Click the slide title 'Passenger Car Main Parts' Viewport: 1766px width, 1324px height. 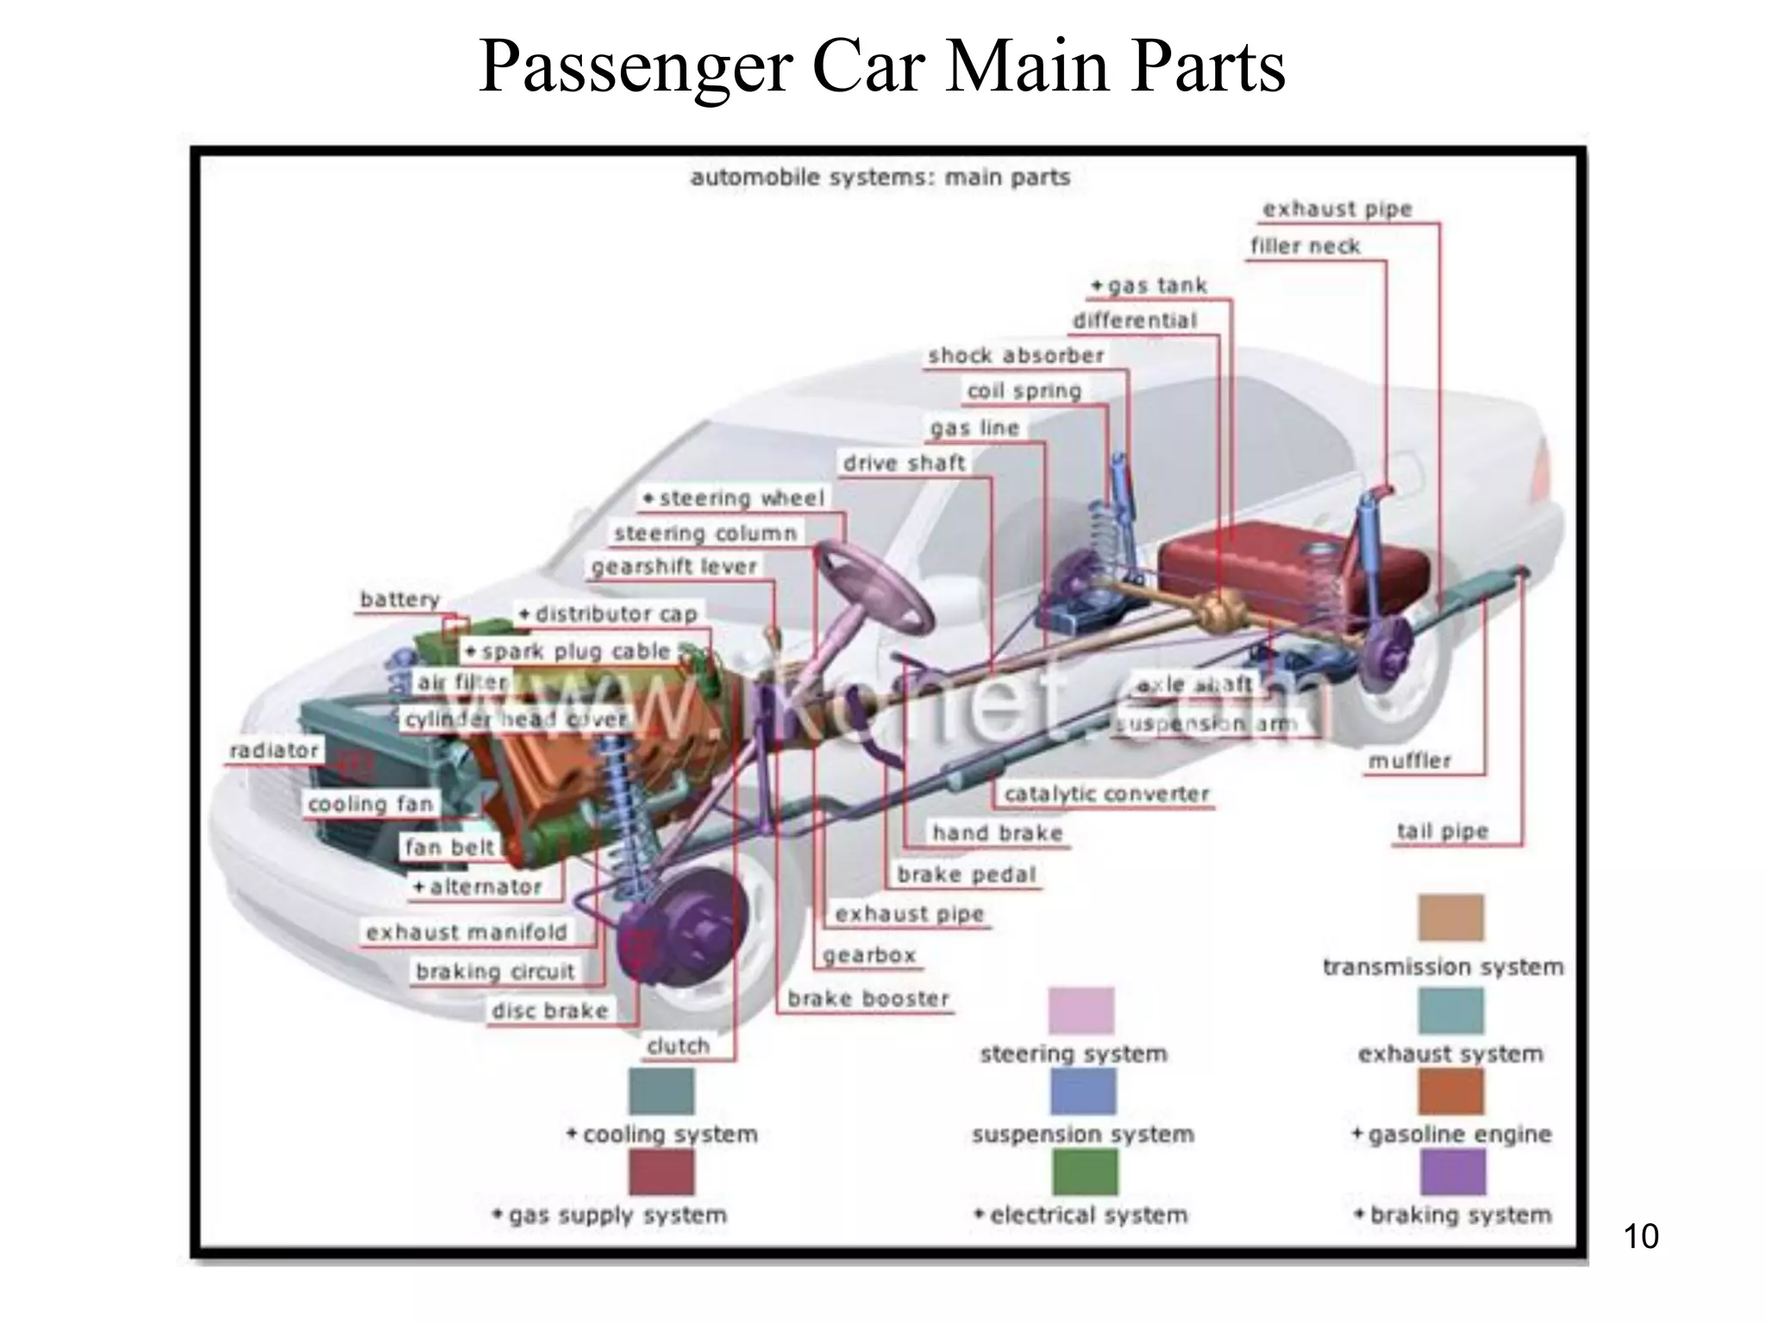[881, 67]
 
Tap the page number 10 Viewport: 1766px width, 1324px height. [1640, 1236]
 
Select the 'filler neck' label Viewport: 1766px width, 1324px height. [1305, 247]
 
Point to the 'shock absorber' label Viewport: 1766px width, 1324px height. [1016, 356]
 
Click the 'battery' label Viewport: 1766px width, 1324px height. [399, 599]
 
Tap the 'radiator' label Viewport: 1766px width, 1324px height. [274, 751]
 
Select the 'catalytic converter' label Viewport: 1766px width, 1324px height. [1106, 794]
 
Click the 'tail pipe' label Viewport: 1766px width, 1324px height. [1443, 832]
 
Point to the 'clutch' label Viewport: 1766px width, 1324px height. [679, 1046]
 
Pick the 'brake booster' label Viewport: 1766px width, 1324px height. [867, 999]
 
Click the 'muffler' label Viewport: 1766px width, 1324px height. [1410, 761]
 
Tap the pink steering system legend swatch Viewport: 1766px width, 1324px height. [1081, 1011]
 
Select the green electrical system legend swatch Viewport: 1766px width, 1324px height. [1085, 1173]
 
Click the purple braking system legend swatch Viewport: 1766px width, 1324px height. [1452, 1173]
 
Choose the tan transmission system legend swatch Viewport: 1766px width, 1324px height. [1450, 918]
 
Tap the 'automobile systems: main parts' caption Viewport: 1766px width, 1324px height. [880, 178]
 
